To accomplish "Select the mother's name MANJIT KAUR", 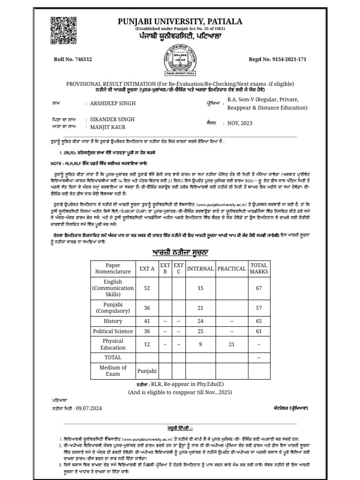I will (108, 127).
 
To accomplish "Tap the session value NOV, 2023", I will (240, 123).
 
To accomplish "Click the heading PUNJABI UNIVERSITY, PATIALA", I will (180, 22).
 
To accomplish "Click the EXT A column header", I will (147, 269).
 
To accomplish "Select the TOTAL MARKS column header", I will (259, 269).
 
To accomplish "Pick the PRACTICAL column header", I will (232, 269).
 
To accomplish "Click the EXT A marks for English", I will (147, 288).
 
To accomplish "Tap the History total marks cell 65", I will (259, 321).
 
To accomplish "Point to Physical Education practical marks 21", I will (232, 345).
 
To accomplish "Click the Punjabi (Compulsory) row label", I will (113, 307).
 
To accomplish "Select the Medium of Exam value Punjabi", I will (147, 371).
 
